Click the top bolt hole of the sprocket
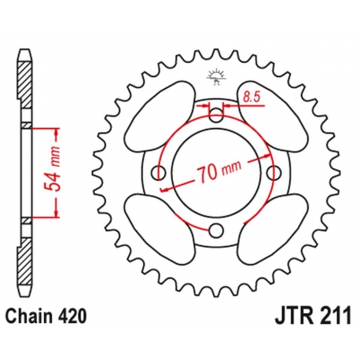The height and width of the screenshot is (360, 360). click(216, 115)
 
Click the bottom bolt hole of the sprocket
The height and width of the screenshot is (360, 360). click(216, 230)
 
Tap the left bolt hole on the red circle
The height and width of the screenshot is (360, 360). click(159, 173)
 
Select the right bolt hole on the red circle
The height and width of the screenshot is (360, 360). click(274, 172)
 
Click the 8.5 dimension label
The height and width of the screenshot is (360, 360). click(251, 97)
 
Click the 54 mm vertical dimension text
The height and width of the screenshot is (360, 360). click(52, 173)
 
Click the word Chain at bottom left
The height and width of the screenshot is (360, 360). click(29, 316)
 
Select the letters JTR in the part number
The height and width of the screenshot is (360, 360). click(291, 316)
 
